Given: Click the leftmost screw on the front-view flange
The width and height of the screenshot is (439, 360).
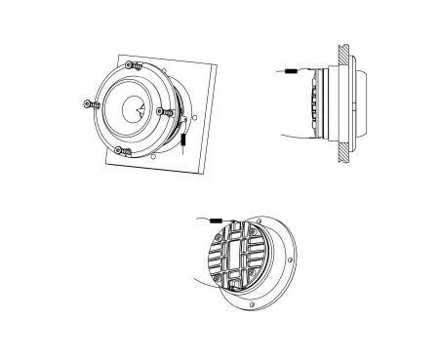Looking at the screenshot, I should (x=90, y=104).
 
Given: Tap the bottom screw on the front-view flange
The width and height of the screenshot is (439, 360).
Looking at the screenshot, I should (x=121, y=149).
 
